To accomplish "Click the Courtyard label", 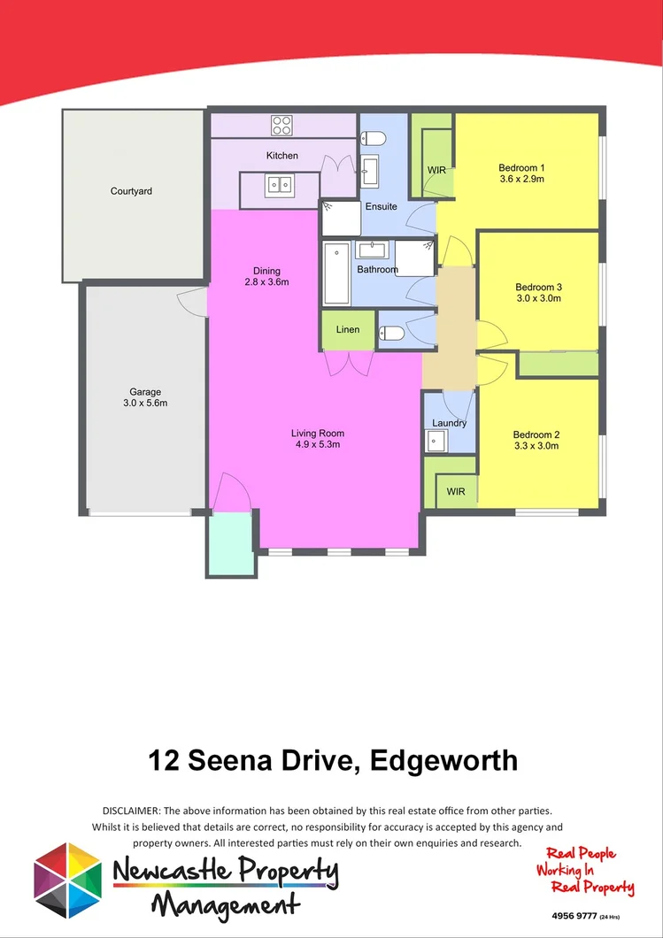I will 131,191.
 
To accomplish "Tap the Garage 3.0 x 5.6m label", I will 145,397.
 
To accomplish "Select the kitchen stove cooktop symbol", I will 282,126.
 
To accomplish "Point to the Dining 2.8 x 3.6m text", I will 266,277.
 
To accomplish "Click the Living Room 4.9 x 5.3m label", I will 317,439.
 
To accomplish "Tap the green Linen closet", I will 348,330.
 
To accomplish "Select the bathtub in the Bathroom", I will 336,274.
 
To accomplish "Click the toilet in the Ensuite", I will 374,138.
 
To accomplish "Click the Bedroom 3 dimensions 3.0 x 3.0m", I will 539,299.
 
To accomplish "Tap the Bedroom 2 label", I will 537,434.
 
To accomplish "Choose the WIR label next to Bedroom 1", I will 436,170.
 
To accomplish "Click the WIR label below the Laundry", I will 456,491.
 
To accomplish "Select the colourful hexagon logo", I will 68,880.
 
